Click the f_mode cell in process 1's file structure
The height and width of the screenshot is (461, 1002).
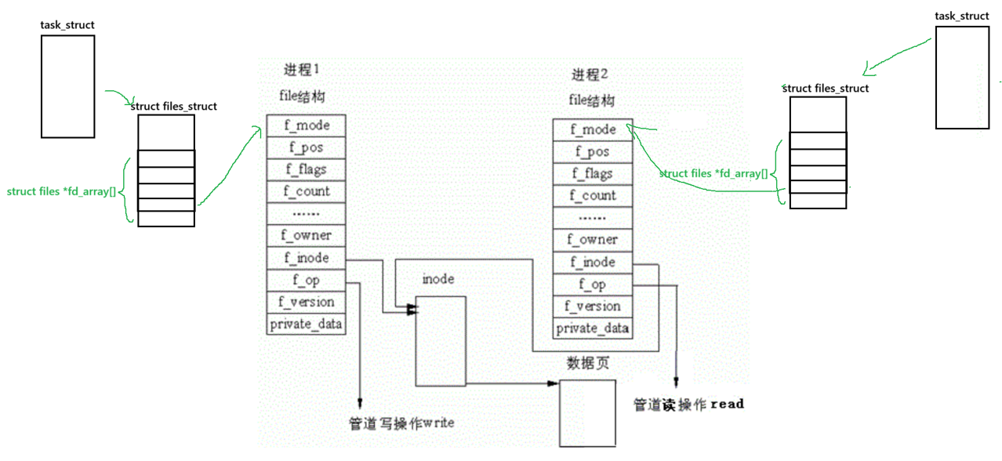coord(306,125)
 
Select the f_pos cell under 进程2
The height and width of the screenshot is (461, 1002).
coord(592,152)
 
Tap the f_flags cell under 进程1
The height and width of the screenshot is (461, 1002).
coord(306,169)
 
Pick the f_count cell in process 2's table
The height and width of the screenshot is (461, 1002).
coord(592,196)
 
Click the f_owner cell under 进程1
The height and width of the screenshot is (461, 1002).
coord(306,235)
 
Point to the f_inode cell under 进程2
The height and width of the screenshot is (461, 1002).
coord(592,262)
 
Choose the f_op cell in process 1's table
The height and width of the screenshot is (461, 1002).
coord(306,280)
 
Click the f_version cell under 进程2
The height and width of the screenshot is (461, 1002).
coord(592,306)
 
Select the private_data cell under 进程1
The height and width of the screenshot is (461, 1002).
coord(306,324)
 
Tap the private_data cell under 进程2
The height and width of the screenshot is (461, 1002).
coord(592,328)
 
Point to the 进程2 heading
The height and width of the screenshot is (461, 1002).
coord(590,75)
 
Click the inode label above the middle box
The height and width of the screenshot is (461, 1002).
coord(437,279)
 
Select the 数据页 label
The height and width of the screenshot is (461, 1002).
coord(587,365)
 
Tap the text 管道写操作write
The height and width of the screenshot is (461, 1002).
coord(401,423)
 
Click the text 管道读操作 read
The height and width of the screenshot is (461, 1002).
coord(688,405)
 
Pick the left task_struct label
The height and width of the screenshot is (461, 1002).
coord(67,25)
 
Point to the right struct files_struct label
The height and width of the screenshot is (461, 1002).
coord(826,89)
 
